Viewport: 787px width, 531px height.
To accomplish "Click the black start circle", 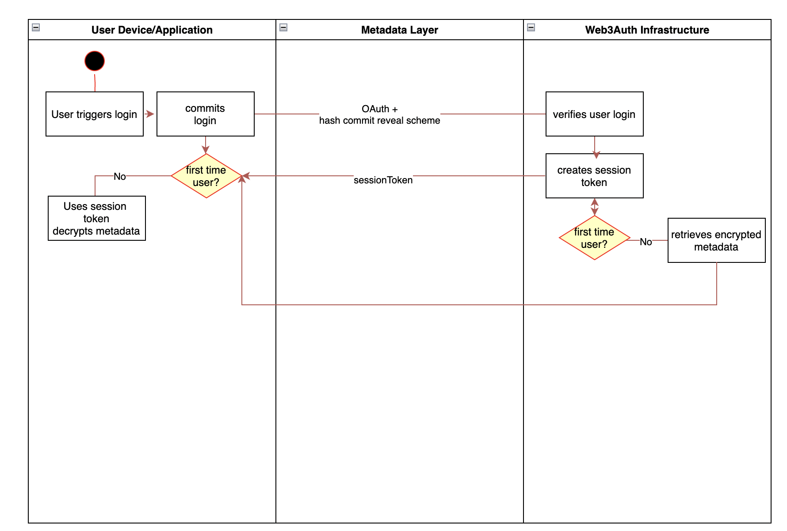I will click(95, 61).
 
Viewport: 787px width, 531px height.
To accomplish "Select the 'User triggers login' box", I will click(95, 114).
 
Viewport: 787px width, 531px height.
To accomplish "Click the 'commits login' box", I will click(206, 114).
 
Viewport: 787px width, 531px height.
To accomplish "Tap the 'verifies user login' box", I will click(594, 114).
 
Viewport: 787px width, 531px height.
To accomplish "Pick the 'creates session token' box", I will click(594, 176).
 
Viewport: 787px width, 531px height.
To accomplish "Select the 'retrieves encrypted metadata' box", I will click(716, 240).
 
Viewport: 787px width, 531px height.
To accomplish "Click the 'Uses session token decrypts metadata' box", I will click(96, 218).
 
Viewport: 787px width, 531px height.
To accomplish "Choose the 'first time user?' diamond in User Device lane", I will click(206, 176).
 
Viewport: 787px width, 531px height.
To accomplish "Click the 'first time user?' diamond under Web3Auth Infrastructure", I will click(594, 238).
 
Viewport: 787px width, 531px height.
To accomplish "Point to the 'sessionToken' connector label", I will click(383, 180).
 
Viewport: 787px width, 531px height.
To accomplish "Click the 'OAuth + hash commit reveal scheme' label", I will click(379, 114).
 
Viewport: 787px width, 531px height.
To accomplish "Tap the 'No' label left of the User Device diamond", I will click(119, 176).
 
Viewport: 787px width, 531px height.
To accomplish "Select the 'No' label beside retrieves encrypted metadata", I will click(646, 242).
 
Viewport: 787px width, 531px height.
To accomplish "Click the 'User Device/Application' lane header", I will click(152, 30).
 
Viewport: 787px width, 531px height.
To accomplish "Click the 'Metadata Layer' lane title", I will click(399, 30).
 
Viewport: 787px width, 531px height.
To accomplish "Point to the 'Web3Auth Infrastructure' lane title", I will click(647, 30).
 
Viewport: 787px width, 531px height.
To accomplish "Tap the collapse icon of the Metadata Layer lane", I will click(284, 27).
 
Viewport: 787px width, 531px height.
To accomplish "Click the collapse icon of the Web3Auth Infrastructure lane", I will click(531, 27).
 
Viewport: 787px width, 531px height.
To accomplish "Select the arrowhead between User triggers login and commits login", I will click(150, 114).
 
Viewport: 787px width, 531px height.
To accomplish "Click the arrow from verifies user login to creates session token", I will click(595, 146).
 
